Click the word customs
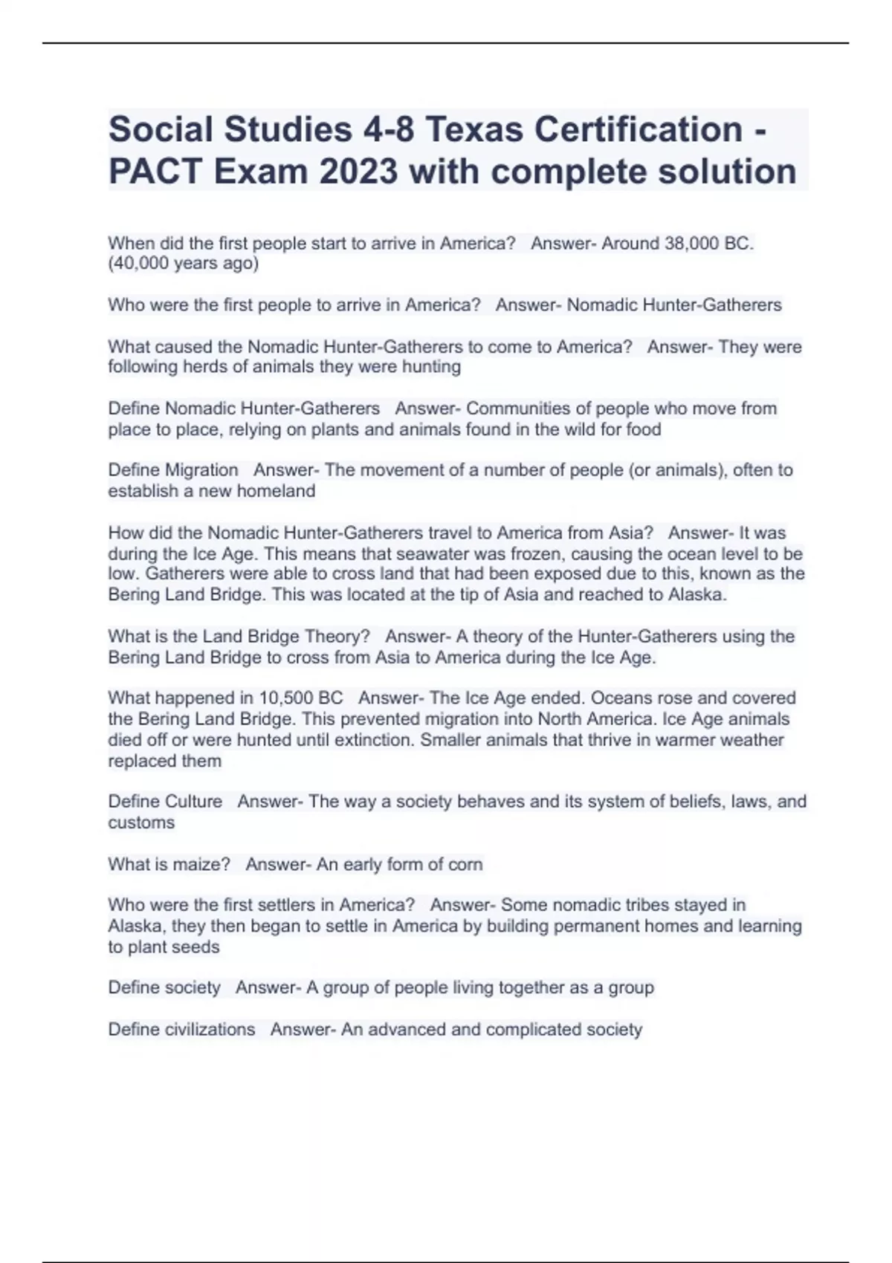click(x=141, y=822)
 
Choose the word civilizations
click(x=210, y=1029)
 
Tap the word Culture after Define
click(x=193, y=802)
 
